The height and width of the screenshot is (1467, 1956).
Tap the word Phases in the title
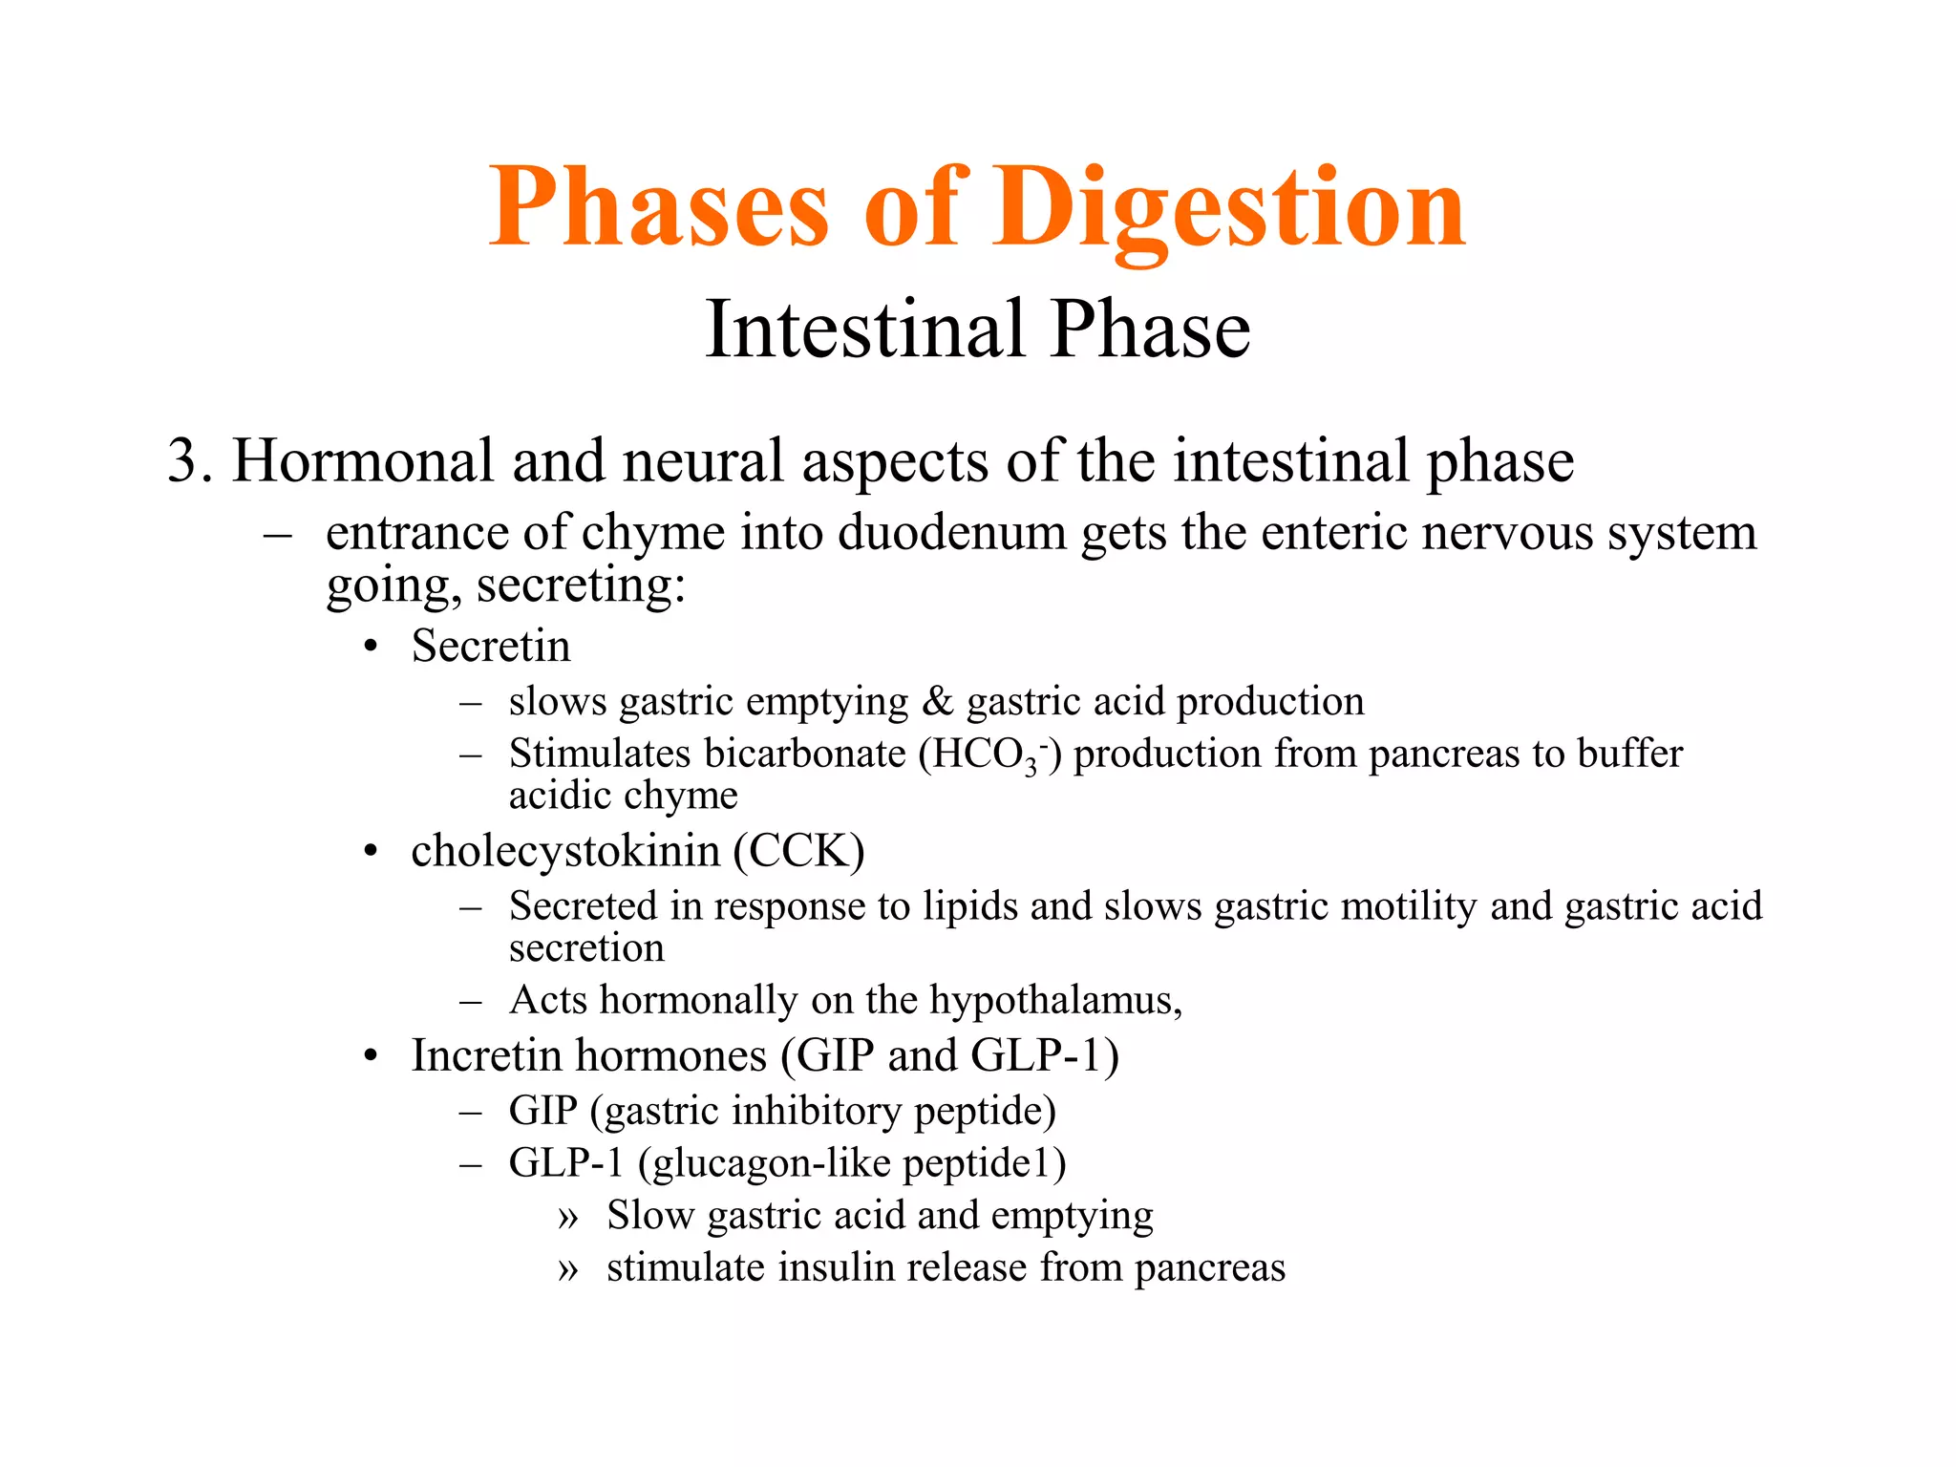[x=659, y=208]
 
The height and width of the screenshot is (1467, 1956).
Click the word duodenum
[x=952, y=532]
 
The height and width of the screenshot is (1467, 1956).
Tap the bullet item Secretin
[x=491, y=647]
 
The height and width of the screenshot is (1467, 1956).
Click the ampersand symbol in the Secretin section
[x=938, y=702]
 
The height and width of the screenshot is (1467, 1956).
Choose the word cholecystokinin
[x=565, y=851]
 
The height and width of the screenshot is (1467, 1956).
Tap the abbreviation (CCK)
[x=799, y=851]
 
